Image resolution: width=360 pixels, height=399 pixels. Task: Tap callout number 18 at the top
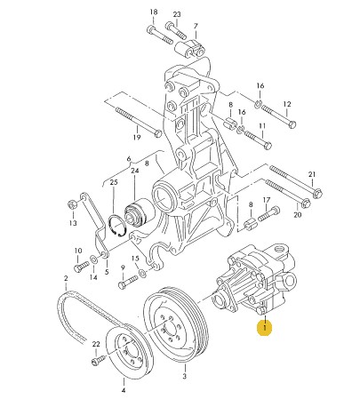[x=153, y=12]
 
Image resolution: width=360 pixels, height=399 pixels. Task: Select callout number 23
[x=176, y=15]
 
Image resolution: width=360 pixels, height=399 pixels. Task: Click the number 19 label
[x=138, y=139]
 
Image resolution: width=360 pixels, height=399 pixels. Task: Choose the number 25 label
[x=113, y=183]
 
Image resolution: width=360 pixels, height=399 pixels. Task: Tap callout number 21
[x=312, y=174]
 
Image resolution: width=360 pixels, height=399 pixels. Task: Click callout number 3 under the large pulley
[x=184, y=377]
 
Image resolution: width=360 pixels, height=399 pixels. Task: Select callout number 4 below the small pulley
[x=123, y=390]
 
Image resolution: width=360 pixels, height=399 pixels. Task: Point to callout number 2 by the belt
[x=66, y=279]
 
